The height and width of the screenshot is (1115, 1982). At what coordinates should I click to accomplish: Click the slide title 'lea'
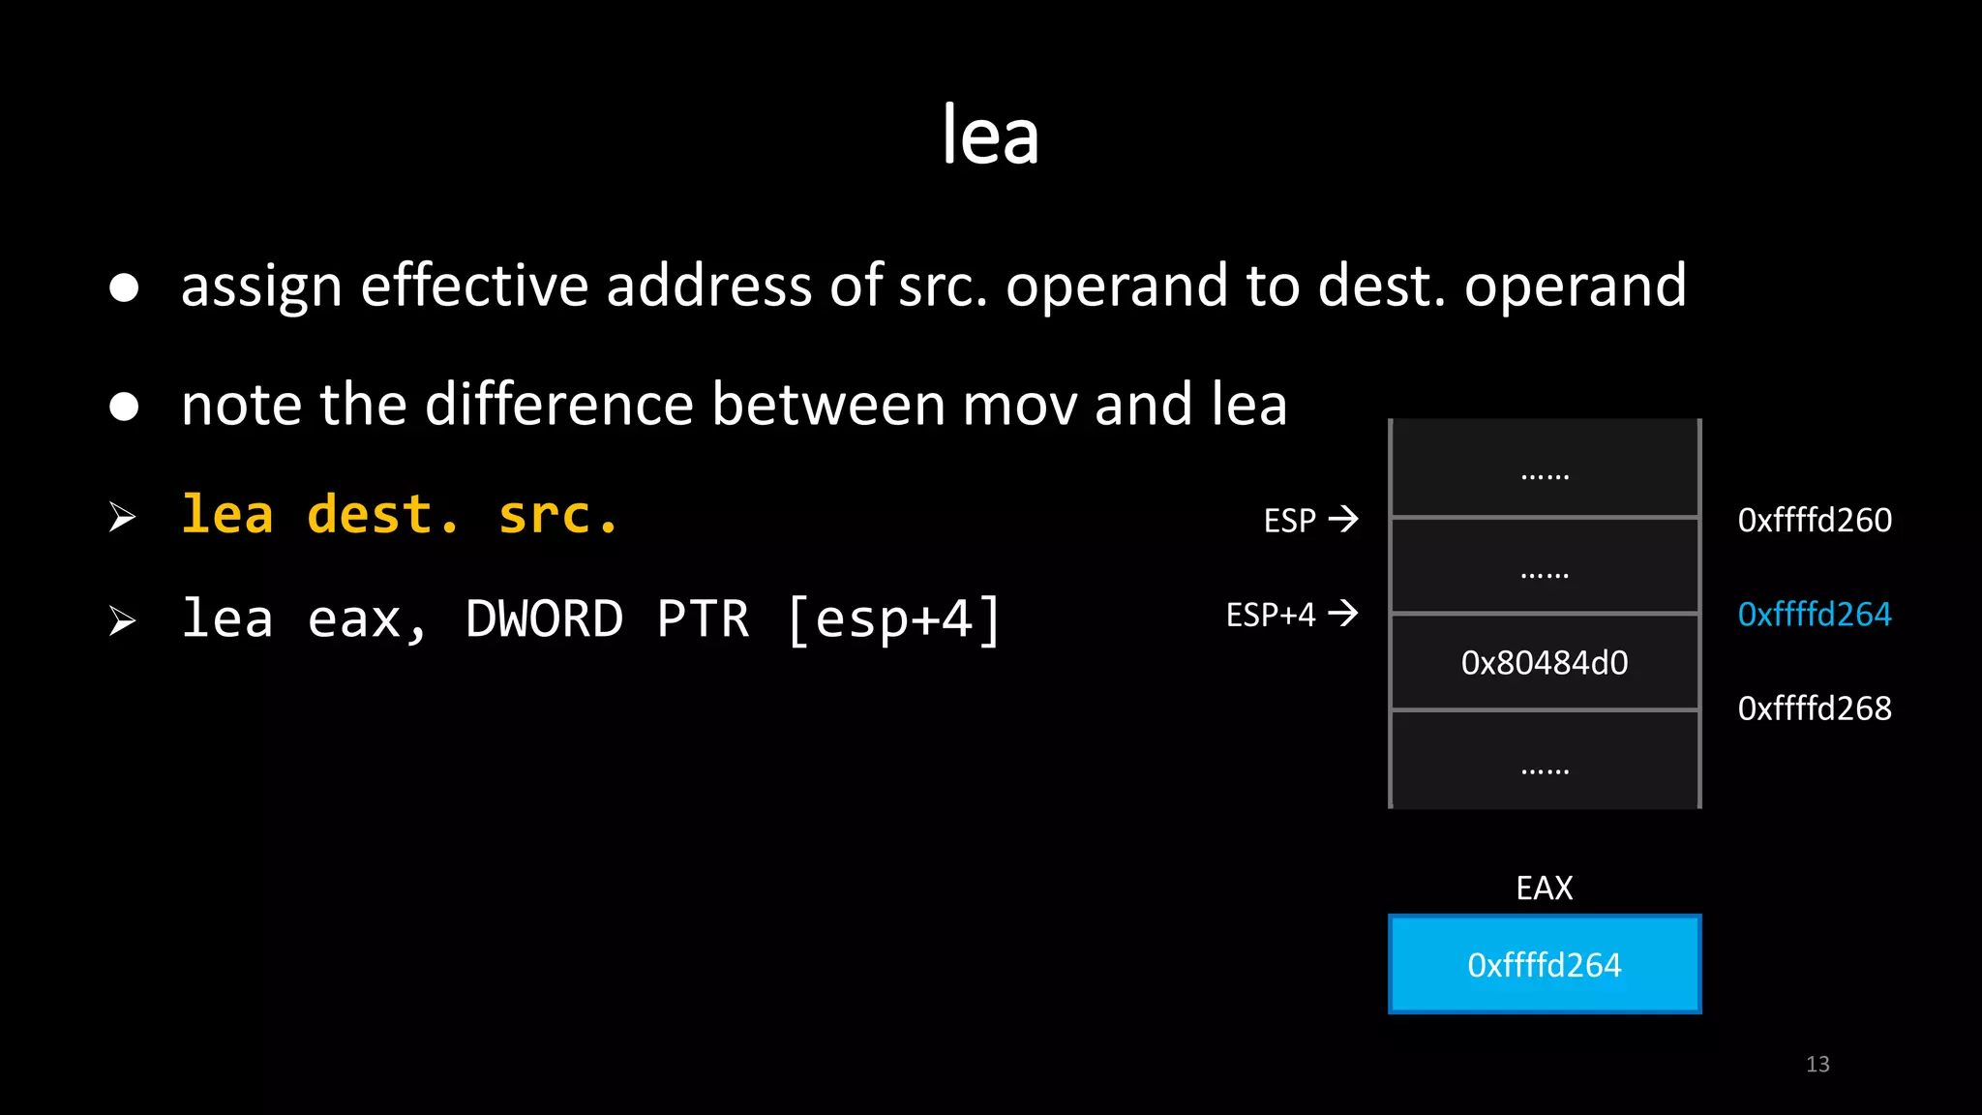[x=990, y=136]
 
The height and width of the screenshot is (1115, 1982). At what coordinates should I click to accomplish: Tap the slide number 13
[x=1817, y=1065]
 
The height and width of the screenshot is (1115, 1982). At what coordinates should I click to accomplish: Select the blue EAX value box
[x=1545, y=964]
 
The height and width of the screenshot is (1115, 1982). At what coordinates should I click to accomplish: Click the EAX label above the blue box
[x=1545, y=888]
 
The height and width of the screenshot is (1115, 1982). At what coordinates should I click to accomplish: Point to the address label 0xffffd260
[x=1815, y=521]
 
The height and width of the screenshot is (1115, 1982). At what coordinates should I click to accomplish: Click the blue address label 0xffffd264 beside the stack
[x=1815, y=615]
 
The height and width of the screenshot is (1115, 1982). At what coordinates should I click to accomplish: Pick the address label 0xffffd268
[x=1815, y=708]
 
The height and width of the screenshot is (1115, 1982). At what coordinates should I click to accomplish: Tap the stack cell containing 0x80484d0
[x=1545, y=663]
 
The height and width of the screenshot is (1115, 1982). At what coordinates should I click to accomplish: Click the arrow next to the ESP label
[x=1343, y=520]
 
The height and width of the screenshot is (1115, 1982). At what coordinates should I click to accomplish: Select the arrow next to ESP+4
[x=1343, y=614]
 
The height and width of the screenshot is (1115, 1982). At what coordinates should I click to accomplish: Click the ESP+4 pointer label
[x=1271, y=615]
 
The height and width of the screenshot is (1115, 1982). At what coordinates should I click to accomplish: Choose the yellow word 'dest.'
[x=383, y=514]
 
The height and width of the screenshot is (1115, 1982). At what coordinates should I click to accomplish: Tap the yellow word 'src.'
[x=558, y=514]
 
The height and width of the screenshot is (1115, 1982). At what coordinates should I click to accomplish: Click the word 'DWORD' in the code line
[x=545, y=619]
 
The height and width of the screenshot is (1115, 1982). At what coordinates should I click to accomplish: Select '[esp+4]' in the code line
[x=893, y=619]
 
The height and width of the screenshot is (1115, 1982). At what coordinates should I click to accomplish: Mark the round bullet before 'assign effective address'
[x=124, y=287]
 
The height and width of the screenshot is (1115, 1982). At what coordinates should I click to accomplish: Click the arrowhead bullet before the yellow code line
[x=122, y=517]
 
